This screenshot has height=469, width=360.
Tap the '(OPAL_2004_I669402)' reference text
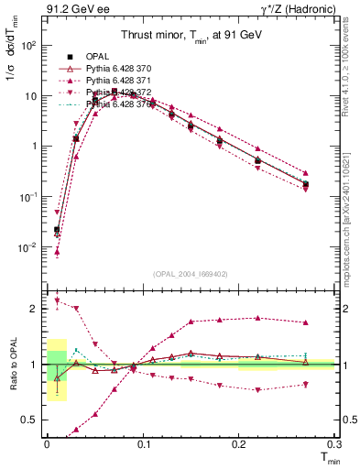point(190,273)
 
